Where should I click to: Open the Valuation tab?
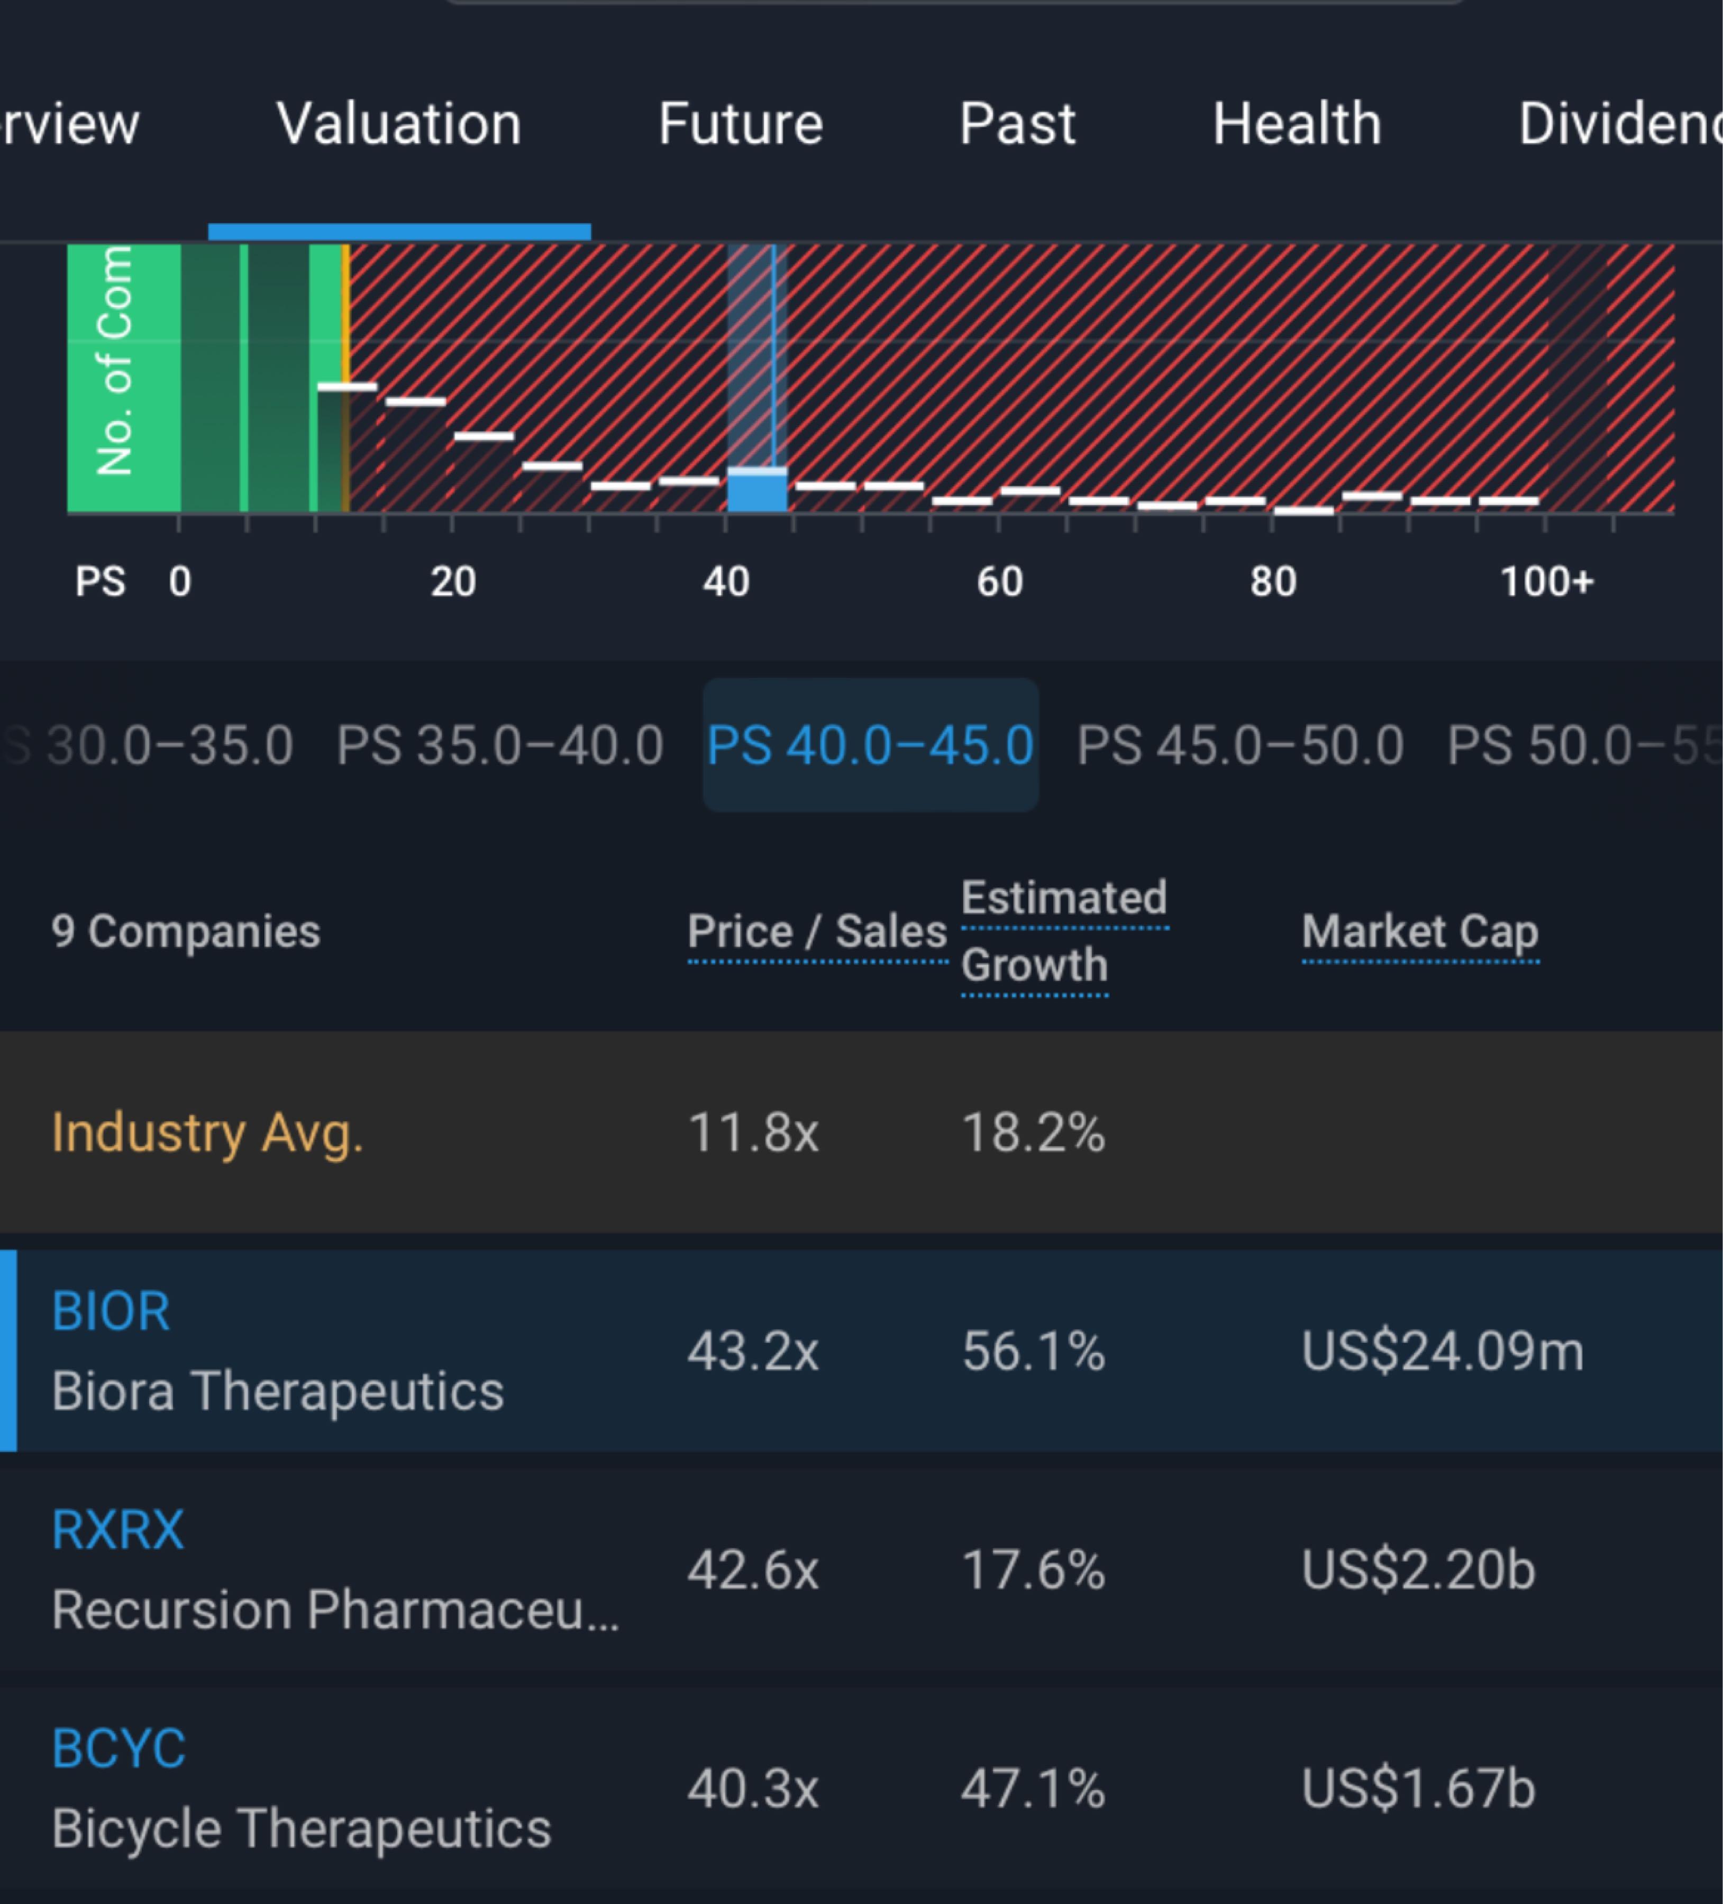[399, 124]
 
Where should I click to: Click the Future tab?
[741, 124]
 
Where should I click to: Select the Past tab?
[1017, 124]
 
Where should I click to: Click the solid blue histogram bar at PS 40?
[756, 492]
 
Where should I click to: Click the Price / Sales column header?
[817, 932]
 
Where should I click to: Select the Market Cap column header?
[1420, 932]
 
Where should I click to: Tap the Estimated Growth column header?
[1064, 932]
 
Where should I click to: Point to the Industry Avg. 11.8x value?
[753, 1132]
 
